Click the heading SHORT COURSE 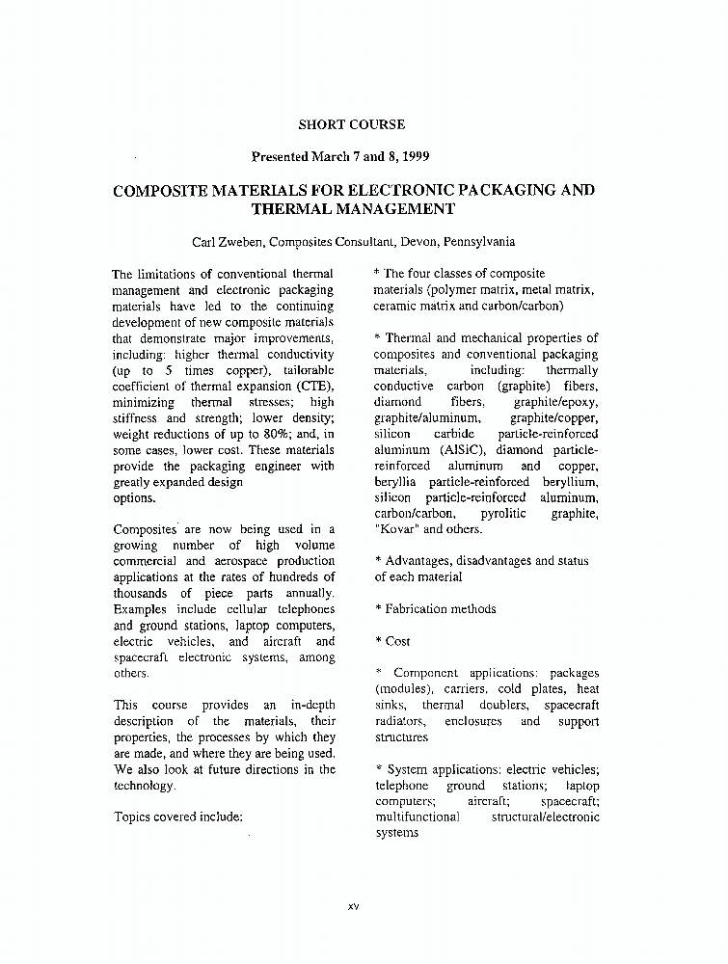pyautogui.click(x=351, y=124)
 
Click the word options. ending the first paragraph pyautogui.click(x=134, y=498)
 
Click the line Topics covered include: pyautogui.click(x=176, y=816)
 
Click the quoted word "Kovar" pyautogui.click(x=395, y=529)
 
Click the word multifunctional pyautogui.click(x=417, y=817)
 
